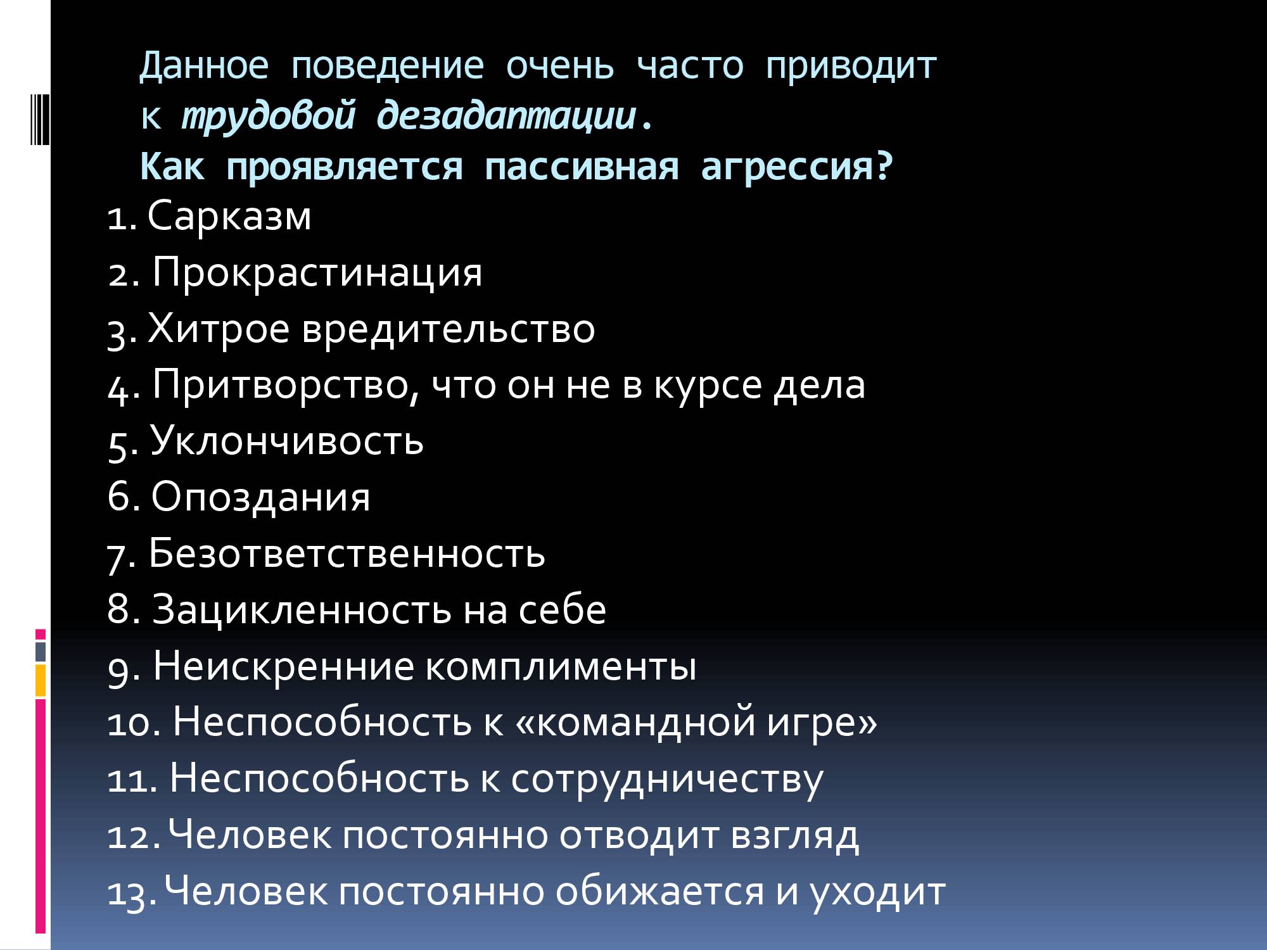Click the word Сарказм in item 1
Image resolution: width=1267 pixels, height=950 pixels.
[229, 216]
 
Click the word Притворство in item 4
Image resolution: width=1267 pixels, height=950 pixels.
[281, 385]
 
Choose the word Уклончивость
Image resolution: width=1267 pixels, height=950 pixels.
[287, 441]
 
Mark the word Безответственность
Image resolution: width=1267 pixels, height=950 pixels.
[347, 553]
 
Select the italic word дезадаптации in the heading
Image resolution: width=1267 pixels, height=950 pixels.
[506, 117]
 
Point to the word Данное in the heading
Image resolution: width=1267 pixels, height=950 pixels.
[204, 65]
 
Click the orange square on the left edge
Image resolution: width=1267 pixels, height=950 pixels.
[41, 680]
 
